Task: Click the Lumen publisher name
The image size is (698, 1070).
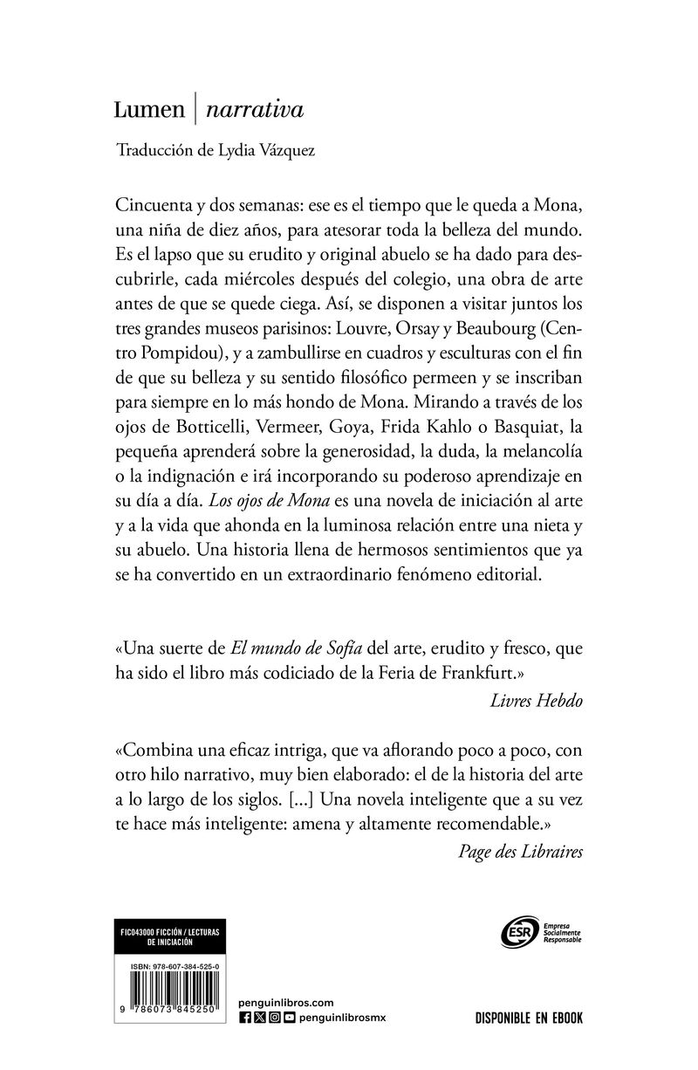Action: click(x=150, y=110)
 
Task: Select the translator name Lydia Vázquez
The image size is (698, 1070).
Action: click(x=272, y=149)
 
